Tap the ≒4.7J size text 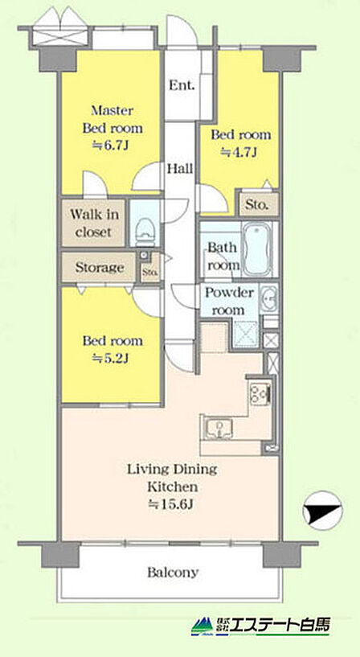[238, 152]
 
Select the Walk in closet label [94, 223]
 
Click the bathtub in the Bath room [256, 249]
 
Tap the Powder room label [228, 302]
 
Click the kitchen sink [219, 429]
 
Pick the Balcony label [173, 573]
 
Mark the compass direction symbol [323, 511]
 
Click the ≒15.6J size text [171, 504]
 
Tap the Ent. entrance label [182, 85]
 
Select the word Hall [181, 169]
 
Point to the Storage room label [99, 267]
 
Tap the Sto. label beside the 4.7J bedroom [256, 205]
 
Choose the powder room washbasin [268, 298]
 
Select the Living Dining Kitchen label [172, 478]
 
